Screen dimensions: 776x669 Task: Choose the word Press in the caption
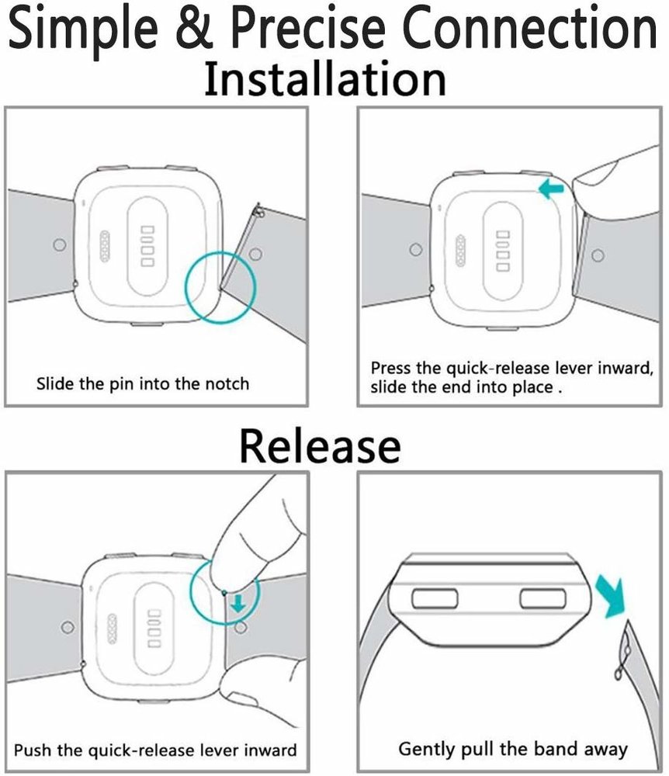pyautogui.click(x=390, y=368)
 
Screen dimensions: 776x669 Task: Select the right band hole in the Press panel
pyautogui.click(x=598, y=255)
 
